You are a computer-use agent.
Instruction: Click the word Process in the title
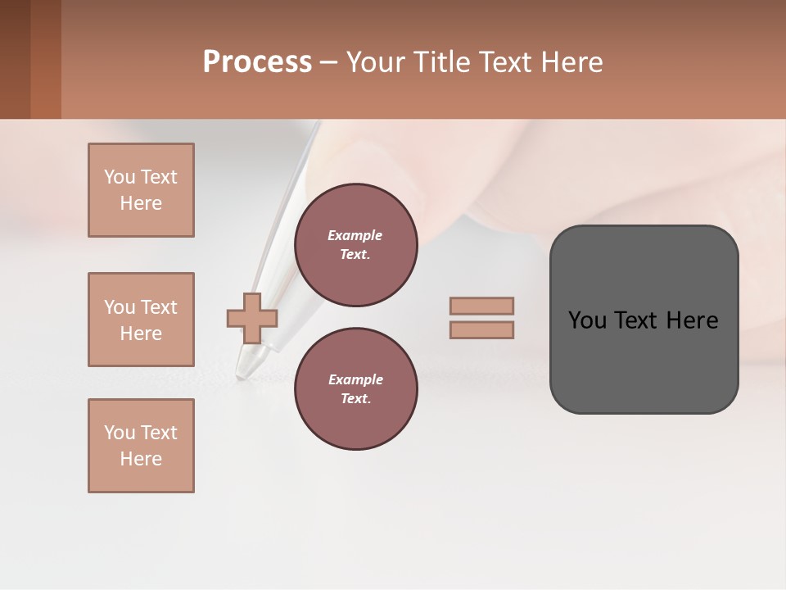257,62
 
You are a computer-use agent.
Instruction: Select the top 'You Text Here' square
141,190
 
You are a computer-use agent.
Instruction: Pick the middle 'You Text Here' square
141,320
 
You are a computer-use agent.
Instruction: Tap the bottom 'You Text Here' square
141,446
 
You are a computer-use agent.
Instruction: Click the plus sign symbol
252,318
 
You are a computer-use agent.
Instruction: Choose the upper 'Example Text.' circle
356,245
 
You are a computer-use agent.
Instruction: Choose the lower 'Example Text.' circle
356,389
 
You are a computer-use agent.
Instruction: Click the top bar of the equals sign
481,306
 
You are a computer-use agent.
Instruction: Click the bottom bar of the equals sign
481,330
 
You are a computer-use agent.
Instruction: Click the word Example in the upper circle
355,235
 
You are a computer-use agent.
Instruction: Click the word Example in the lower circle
355,379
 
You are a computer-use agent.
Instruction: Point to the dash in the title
328,62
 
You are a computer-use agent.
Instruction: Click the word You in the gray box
587,320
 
